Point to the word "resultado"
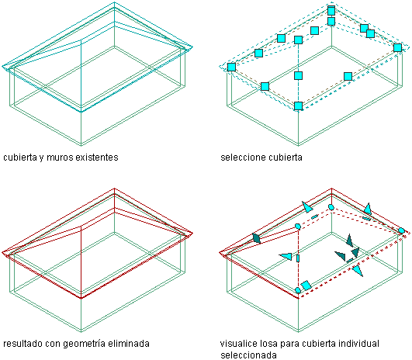(23, 344)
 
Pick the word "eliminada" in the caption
(130, 344)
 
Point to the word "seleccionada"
(248, 355)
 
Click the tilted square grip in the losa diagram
(306, 286)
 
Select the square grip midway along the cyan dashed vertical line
(298, 76)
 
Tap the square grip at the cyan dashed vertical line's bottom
(298, 106)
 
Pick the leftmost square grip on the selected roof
(231, 67)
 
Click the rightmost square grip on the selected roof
(397, 48)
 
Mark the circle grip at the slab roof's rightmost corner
(401, 231)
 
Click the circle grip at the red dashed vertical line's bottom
(298, 290)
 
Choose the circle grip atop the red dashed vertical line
(298, 227)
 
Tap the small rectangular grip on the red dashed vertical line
(298, 258)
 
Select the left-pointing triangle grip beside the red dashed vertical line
(286, 256)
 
